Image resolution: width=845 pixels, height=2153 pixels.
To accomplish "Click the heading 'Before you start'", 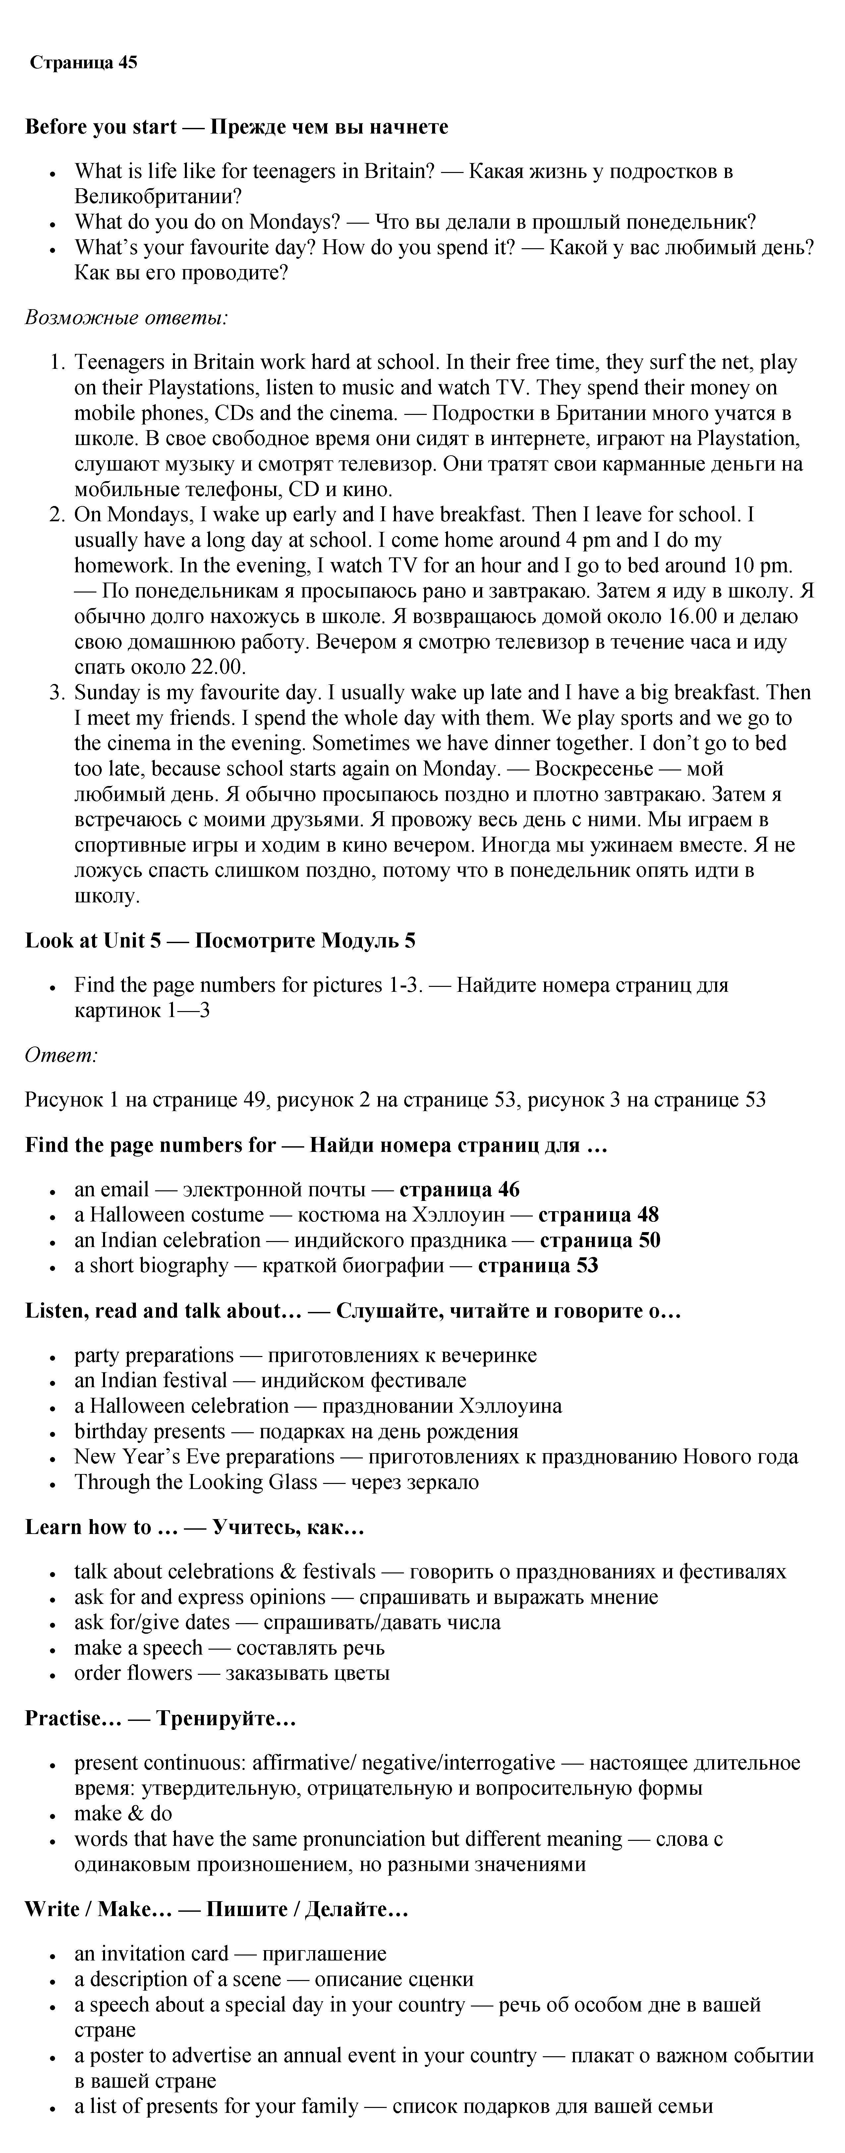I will pyautogui.click(x=100, y=127).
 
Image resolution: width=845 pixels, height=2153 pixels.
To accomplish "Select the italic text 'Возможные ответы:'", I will pyautogui.click(x=126, y=317).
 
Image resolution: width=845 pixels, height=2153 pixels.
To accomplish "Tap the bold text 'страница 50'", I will pyautogui.click(x=599, y=1240).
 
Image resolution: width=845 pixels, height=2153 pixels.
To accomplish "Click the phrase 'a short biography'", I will pyautogui.click(x=150, y=1266).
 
